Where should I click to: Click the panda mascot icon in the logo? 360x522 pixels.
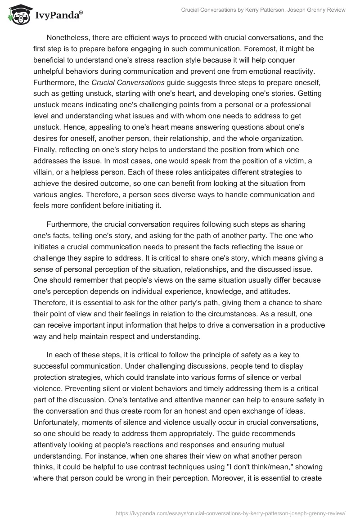[x=18, y=15]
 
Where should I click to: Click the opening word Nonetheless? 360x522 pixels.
[x=67, y=37]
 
